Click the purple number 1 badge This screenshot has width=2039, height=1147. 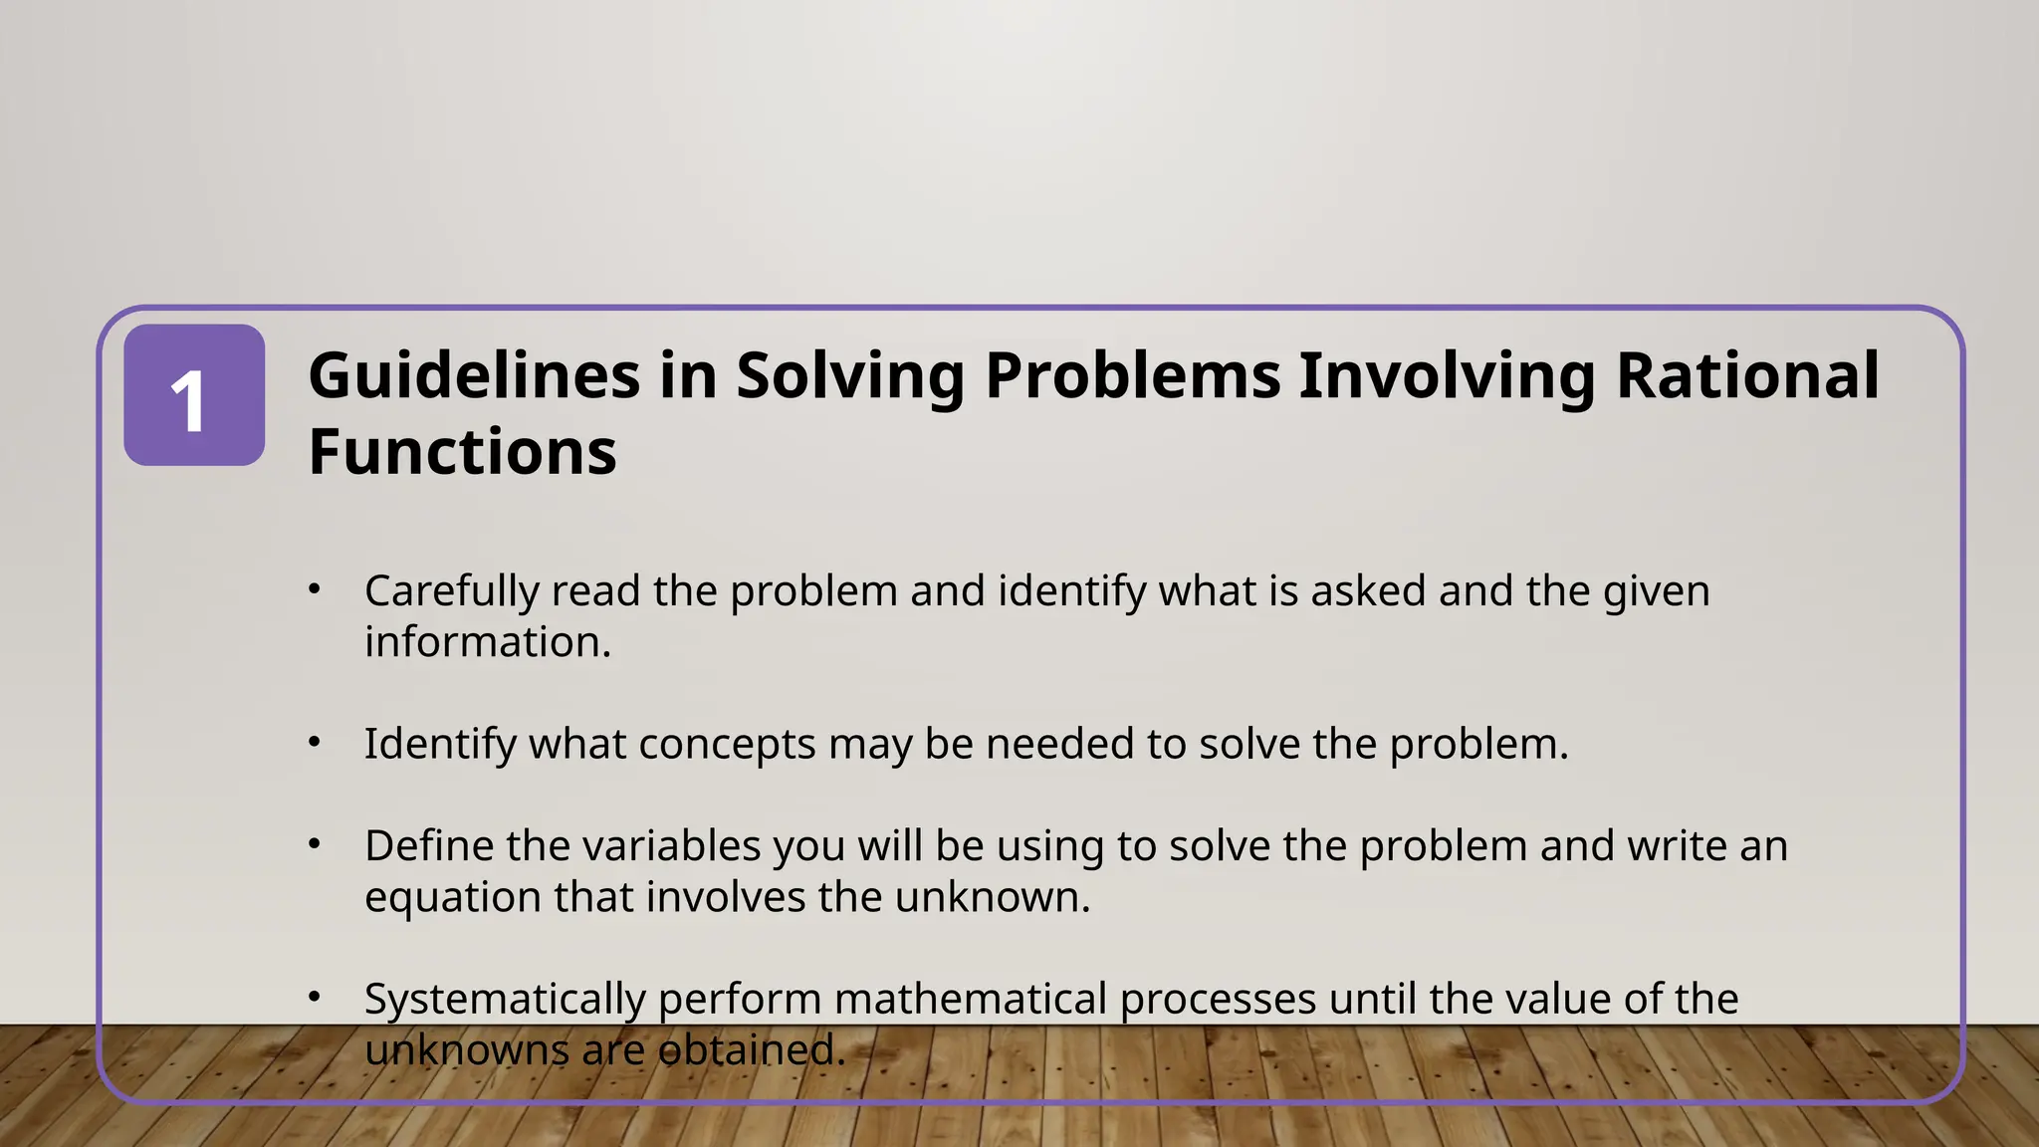[194, 395]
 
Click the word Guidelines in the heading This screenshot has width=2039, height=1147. [474, 376]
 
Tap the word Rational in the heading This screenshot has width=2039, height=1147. [1746, 376]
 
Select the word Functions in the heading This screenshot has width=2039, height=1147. [462, 452]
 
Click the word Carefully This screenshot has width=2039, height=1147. [452, 592]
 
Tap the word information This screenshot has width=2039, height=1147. [487, 642]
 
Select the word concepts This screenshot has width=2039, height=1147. [727, 745]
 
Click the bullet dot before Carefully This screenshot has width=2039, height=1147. [315, 589]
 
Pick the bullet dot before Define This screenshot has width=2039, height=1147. [315, 844]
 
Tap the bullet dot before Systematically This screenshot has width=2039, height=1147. [315, 997]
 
